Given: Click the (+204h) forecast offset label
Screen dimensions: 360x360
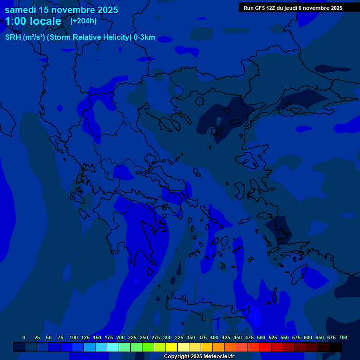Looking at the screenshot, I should (83, 21).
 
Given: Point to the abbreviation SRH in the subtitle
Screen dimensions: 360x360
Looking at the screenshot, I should (13, 37).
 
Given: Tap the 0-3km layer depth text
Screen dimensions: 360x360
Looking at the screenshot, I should (144, 37).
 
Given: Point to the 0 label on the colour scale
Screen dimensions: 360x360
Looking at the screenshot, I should (24, 337).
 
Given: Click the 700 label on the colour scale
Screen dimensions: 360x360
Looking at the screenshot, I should (343, 337).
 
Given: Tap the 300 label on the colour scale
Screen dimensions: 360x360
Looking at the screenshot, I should (167, 337).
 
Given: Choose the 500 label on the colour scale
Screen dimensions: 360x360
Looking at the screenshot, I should (261, 337).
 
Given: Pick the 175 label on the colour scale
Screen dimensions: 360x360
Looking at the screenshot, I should (109, 337).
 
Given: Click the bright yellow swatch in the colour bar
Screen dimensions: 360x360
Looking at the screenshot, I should (172, 347).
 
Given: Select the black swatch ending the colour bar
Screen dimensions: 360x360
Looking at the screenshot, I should (336, 347).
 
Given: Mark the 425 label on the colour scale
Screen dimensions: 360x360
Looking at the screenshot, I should (226, 337).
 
